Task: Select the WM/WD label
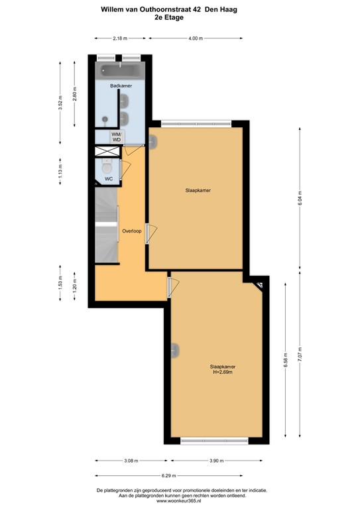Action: click(116, 137)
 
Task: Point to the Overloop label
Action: click(132, 231)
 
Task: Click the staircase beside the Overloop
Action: click(106, 225)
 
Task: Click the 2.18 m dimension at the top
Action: click(120, 38)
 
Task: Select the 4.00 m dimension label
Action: click(195, 38)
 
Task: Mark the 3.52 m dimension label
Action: click(61, 106)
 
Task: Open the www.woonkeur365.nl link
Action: click(180, 501)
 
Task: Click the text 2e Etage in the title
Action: click(180, 19)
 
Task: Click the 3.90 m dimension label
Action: click(219, 461)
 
